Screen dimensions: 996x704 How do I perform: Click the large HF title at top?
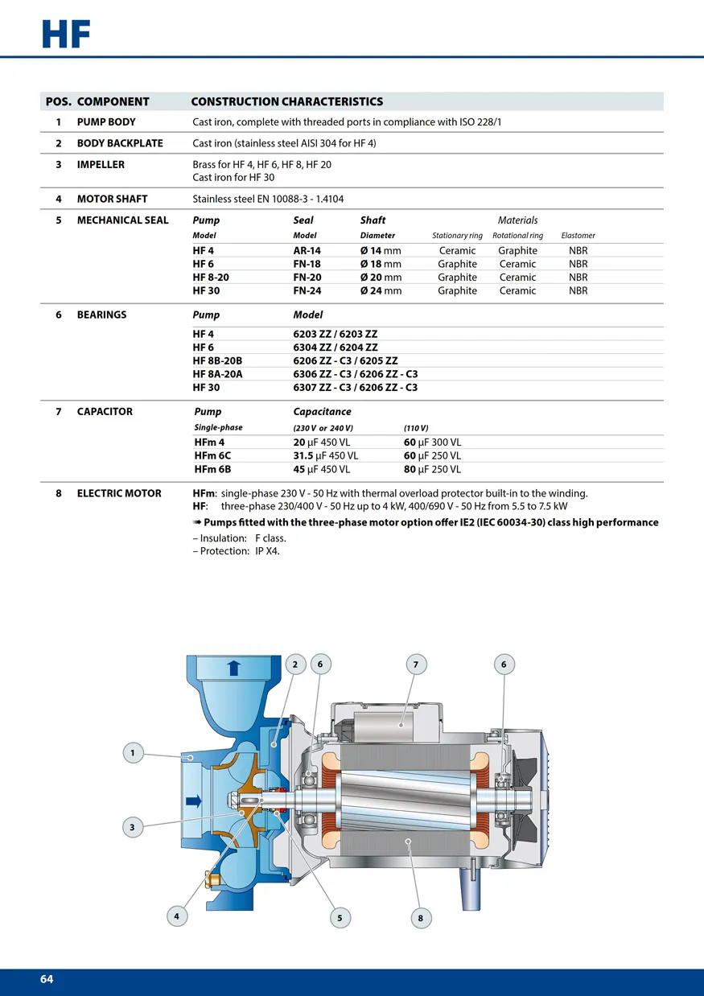click(66, 35)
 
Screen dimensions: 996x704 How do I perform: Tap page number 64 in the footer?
click(47, 979)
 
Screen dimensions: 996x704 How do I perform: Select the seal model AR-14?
click(307, 251)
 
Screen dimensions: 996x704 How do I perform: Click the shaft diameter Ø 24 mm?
click(381, 290)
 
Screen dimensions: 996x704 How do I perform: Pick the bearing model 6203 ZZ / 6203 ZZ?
click(335, 334)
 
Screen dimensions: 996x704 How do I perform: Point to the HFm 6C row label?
click(212, 456)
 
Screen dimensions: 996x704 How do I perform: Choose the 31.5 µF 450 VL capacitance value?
click(326, 456)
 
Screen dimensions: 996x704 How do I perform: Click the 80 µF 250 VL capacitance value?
click(432, 470)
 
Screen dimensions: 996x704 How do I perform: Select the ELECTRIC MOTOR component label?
click(119, 493)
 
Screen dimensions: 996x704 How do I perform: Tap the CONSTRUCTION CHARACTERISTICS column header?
click(286, 102)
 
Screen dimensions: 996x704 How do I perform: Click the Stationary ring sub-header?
click(457, 236)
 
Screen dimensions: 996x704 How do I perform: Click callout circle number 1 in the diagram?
click(133, 753)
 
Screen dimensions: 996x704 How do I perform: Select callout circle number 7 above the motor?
click(416, 665)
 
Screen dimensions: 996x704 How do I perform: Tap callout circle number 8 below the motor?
click(420, 918)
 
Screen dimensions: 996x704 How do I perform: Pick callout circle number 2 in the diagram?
click(295, 665)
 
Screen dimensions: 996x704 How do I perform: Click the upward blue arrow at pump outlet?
click(233, 667)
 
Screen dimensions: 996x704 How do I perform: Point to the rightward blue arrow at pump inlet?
click(194, 801)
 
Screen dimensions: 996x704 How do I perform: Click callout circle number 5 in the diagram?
click(340, 918)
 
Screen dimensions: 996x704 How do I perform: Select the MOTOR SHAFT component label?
click(112, 199)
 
